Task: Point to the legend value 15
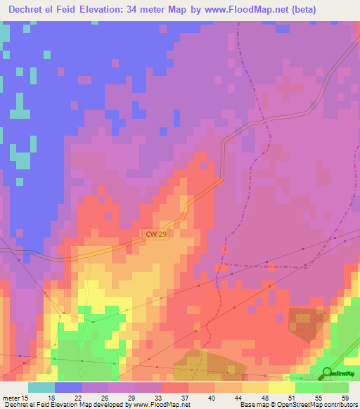coord(26,397)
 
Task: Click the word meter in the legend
coord(11,397)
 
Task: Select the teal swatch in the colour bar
coord(41,387)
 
